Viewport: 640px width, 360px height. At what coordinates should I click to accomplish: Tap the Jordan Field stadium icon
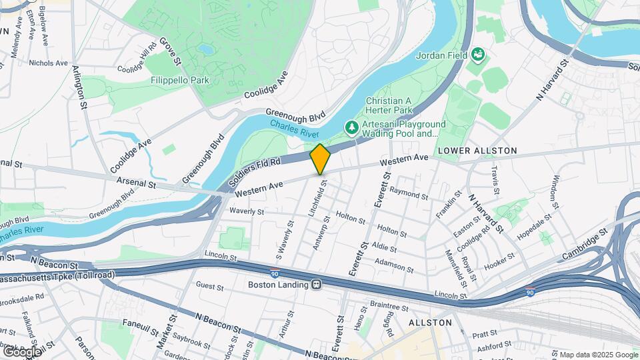pyautogui.click(x=477, y=53)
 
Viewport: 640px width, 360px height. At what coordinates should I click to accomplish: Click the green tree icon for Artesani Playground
pyautogui.click(x=351, y=127)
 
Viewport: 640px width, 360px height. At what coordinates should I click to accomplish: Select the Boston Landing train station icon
pyautogui.click(x=317, y=284)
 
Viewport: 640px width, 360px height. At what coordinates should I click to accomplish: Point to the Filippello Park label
pyautogui.click(x=180, y=80)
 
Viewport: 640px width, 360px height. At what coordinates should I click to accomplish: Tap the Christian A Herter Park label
pyautogui.click(x=389, y=105)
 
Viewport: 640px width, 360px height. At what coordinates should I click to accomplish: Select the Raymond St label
pyautogui.click(x=409, y=194)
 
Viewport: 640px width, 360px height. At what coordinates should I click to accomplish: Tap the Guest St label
pyautogui.click(x=209, y=285)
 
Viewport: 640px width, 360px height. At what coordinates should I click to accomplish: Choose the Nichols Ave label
pyautogui.click(x=49, y=63)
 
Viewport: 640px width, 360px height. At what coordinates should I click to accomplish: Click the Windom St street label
pyautogui.click(x=557, y=190)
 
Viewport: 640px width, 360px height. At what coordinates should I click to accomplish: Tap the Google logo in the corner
pyautogui.click(x=22, y=351)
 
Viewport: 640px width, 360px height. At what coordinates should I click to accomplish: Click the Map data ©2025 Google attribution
pyautogui.click(x=597, y=355)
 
